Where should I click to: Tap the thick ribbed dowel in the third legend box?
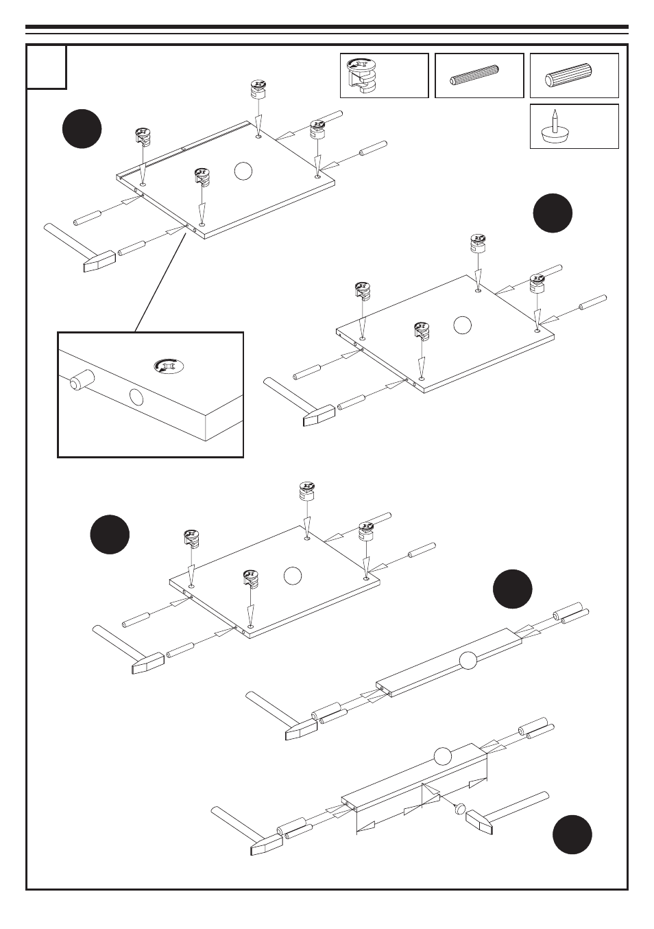tap(568, 75)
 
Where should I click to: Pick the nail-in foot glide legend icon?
tap(555, 127)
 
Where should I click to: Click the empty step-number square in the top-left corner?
tap(47, 67)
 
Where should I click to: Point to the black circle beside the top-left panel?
tap(82, 128)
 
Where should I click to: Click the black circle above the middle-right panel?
tap(553, 213)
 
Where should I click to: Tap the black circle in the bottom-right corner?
tap(572, 834)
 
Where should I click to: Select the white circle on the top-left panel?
tap(243, 170)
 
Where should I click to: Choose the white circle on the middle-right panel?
tap(463, 325)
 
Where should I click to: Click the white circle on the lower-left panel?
tap(293, 576)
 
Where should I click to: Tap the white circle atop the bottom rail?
tap(443, 757)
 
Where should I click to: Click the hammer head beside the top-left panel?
tap(97, 263)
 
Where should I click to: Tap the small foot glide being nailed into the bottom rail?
tap(459, 808)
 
